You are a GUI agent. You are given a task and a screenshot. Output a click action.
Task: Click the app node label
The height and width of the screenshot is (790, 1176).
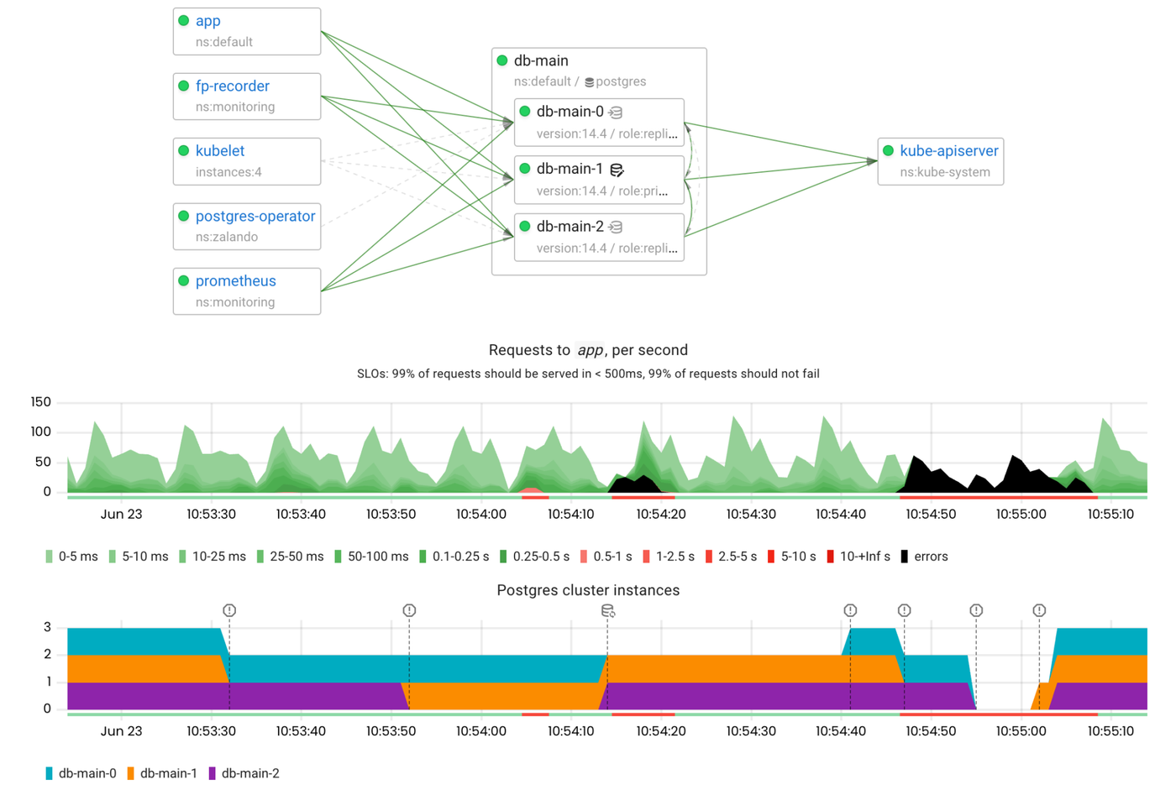(x=207, y=21)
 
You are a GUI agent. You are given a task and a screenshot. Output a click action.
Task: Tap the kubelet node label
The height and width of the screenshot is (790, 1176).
(x=219, y=151)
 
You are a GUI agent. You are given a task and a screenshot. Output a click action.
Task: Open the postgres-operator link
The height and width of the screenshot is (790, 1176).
(x=255, y=217)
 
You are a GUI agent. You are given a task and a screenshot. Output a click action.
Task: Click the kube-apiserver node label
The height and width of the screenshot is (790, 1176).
(x=948, y=151)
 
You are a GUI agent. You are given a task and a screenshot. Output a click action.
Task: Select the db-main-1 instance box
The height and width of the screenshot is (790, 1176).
(x=599, y=180)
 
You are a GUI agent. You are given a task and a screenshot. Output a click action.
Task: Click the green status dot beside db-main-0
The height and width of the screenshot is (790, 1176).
(x=525, y=112)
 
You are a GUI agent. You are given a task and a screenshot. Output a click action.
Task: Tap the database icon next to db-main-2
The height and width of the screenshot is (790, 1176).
(x=616, y=228)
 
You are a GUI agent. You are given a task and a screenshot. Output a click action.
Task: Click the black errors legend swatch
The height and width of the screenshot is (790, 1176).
(x=904, y=557)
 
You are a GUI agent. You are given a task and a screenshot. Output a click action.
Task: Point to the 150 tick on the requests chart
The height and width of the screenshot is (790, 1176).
(x=40, y=402)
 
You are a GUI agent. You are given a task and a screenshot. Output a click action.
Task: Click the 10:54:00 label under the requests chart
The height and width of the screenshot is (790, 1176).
(x=480, y=514)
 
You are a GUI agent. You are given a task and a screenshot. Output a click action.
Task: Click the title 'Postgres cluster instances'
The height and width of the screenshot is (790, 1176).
(x=588, y=590)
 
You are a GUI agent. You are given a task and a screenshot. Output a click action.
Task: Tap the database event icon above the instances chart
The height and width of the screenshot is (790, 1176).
(x=607, y=610)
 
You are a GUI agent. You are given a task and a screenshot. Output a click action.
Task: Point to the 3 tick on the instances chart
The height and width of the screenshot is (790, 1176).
(x=47, y=627)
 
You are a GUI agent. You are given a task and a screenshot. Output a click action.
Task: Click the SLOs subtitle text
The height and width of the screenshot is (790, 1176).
(x=588, y=374)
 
